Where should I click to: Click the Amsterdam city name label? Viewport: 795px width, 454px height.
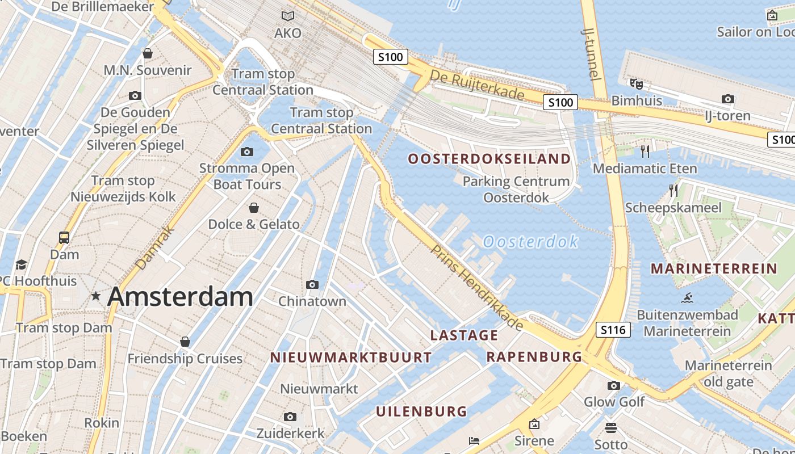[180, 297]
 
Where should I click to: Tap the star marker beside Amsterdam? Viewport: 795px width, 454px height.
[96, 296]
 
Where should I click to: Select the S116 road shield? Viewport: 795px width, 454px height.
[613, 330]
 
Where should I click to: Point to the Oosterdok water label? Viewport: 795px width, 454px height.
[530, 242]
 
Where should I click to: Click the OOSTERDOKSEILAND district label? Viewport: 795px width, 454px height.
[489, 159]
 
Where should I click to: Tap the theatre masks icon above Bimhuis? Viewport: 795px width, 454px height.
[637, 84]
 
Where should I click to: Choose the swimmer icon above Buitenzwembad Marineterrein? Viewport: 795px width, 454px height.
[688, 297]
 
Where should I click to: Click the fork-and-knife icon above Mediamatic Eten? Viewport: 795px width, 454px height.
[645, 151]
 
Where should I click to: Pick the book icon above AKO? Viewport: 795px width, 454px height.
[288, 16]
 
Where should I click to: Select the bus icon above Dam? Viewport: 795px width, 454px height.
[64, 237]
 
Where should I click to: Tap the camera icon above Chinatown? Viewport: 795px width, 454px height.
[312, 284]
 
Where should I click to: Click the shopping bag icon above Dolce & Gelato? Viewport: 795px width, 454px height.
[254, 208]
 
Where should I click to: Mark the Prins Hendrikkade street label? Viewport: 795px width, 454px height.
[476, 287]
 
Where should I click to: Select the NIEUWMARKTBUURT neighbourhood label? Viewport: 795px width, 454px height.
[350, 358]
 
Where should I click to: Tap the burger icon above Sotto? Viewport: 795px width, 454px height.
[611, 427]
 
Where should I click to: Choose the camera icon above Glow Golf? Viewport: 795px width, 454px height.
[614, 386]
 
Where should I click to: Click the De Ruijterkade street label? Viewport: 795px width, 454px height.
[476, 85]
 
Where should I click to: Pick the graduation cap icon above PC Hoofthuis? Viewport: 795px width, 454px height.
[22, 264]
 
